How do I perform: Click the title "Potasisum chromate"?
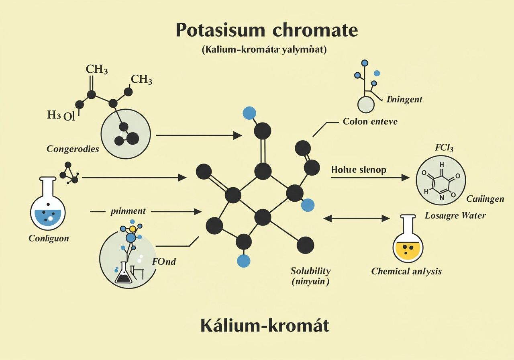pos(266,30)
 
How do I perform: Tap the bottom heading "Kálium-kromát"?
pos(265,325)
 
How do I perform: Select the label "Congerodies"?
pos(73,149)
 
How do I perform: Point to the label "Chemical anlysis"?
pos(406,271)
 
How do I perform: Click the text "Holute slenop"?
pos(359,170)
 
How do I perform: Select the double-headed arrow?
pos(356,219)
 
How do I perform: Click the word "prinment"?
pos(128,211)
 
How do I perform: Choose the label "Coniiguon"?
pos(49,238)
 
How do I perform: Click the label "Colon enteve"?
pos(370,121)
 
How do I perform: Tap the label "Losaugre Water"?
pos(455,215)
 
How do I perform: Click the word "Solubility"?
pos(310,270)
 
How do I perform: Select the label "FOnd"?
pos(164,262)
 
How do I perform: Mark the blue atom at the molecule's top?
pos(249,113)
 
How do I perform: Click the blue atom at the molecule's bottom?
pos(243,260)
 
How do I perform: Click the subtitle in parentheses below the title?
pos(265,51)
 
